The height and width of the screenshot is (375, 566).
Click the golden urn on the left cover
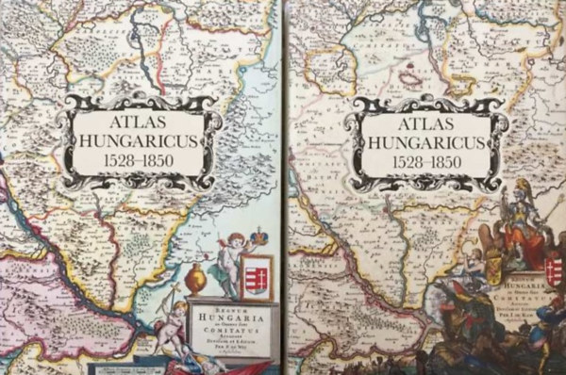(194, 279)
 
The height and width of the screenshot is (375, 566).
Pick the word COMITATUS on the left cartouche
(232, 330)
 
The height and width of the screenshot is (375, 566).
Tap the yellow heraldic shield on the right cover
(494, 270)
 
